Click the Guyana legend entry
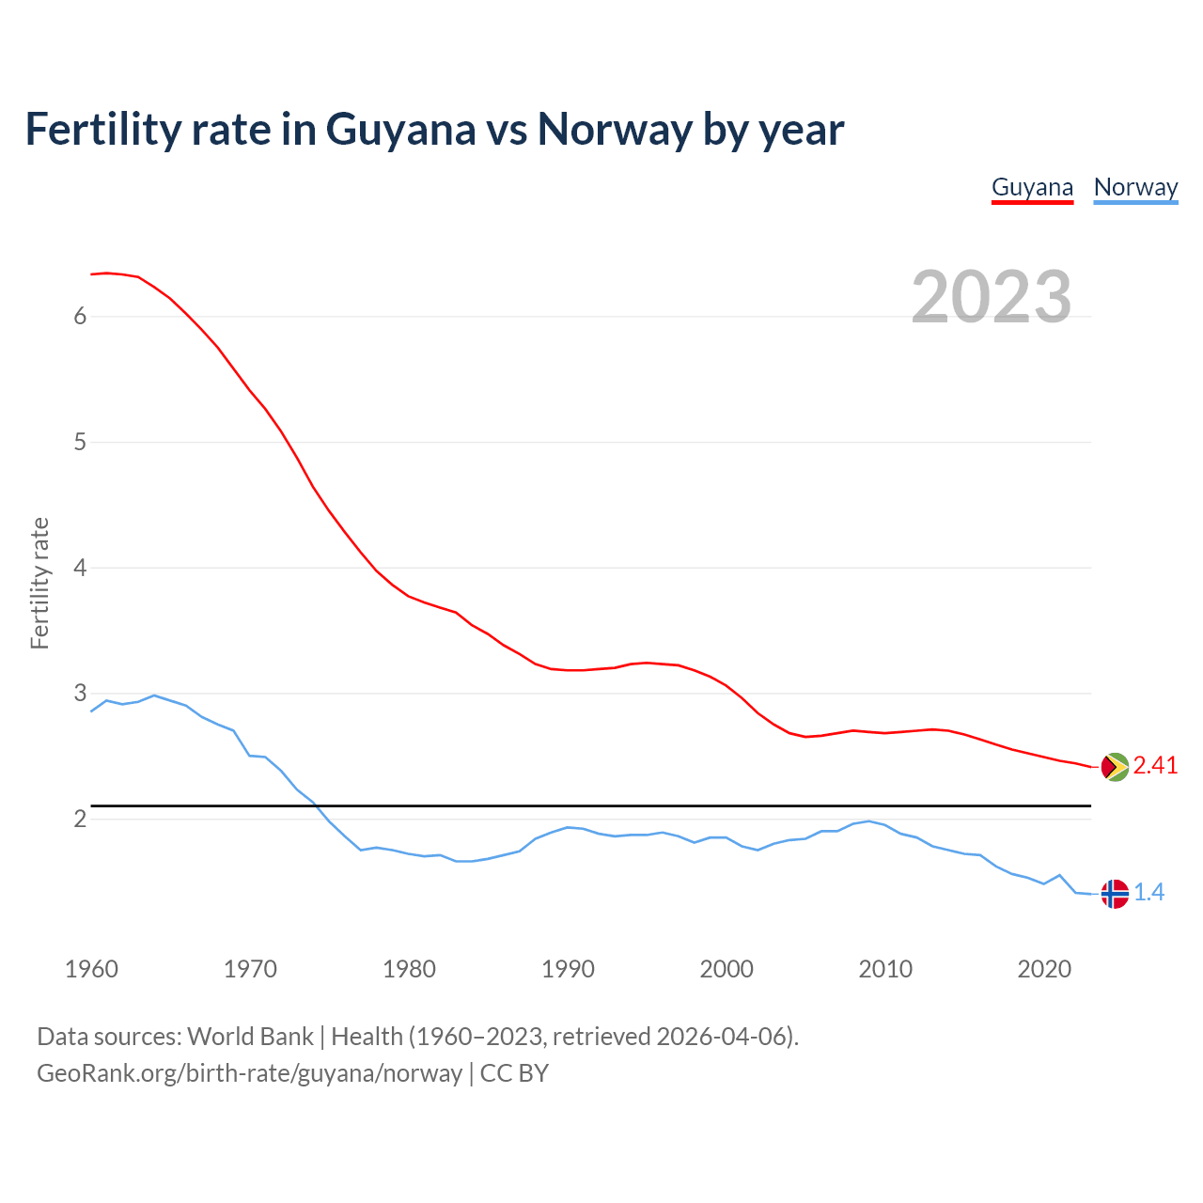tap(1032, 187)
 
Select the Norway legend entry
tap(1135, 187)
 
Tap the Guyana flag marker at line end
tap(1114, 767)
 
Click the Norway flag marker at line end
tap(1114, 893)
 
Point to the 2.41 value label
tap(1155, 766)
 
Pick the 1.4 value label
tap(1148, 893)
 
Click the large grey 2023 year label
tap(991, 297)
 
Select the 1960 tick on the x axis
tap(91, 969)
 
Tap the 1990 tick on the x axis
tap(568, 969)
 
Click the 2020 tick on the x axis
tap(1044, 969)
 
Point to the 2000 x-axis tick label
tap(726, 969)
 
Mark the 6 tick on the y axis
tap(80, 316)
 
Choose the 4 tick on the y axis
tap(80, 568)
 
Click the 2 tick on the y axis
tap(80, 820)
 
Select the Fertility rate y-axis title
tap(39, 583)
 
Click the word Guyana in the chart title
tap(400, 129)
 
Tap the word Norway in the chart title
tap(615, 129)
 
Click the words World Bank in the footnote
tap(250, 1037)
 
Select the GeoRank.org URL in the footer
tap(249, 1073)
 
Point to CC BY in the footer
tap(514, 1073)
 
